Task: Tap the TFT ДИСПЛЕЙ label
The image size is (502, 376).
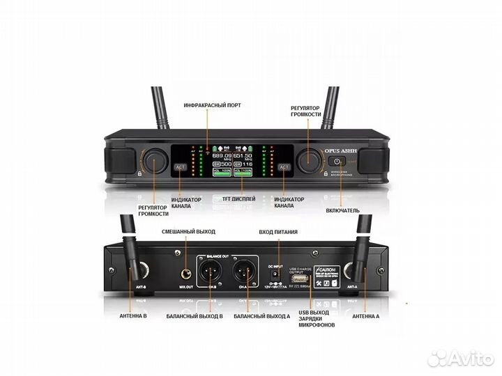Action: pos(238,199)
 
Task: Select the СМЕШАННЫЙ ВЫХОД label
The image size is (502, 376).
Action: pos(188,231)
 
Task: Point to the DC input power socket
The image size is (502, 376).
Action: pos(277,274)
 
